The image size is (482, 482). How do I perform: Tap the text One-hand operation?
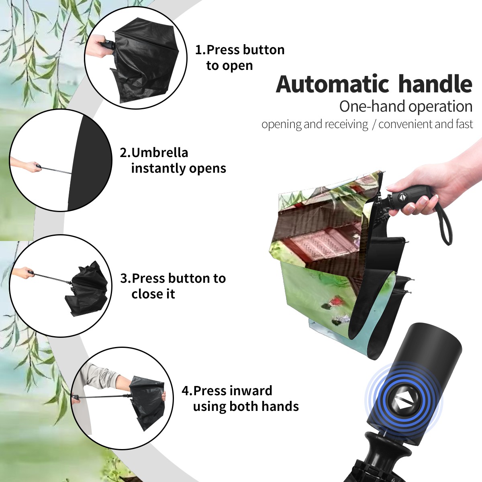pyautogui.click(x=406, y=107)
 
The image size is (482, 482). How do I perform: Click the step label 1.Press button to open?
pyautogui.click(x=240, y=58)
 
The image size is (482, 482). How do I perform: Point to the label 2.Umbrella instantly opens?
pyautogui.click(x=173, y=161)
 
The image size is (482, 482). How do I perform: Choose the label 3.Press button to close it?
pyautogui.click(x=173, y=286)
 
